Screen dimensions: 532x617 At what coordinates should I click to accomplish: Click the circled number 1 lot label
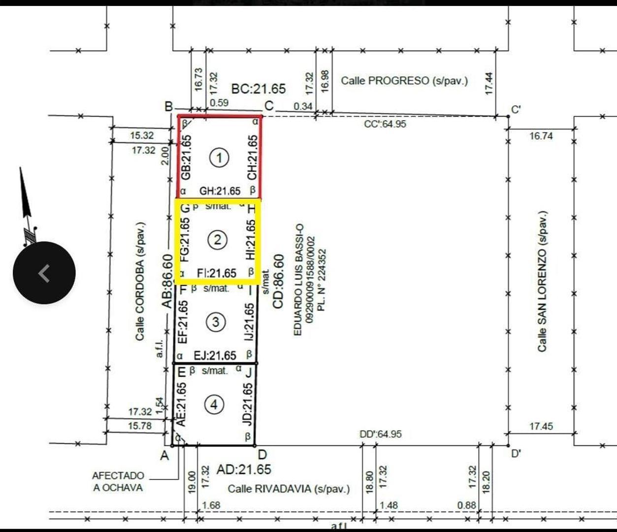tap(219, 158)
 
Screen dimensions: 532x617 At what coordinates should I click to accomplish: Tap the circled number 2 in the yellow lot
tap(217, 240)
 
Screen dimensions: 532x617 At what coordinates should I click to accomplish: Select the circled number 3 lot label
tap(215, 322)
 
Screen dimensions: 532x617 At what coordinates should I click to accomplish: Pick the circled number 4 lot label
tap(214, 404)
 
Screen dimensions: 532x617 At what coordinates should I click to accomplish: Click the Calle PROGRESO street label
tap(404, 80)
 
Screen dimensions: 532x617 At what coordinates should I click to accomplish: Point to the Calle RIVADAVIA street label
tap(289, 489)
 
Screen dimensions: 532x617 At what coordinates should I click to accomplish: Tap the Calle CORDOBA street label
tap(140, 281)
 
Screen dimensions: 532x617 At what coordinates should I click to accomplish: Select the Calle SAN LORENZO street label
tap(542, 281)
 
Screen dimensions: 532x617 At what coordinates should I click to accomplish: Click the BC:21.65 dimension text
tap(259, 89)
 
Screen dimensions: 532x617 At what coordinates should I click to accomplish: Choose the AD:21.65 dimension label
tap(244, 469)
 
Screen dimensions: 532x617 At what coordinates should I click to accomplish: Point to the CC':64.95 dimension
tap(385, 124)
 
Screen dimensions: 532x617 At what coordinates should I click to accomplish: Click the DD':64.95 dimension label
tap(380, 434)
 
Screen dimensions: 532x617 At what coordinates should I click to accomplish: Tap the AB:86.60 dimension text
tap(168, 281)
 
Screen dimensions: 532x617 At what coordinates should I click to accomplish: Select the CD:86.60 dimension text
tap(278, 281)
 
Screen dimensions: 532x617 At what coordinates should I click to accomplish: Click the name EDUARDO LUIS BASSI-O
tap(298, 280)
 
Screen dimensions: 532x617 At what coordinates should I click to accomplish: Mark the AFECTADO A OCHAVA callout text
tap(118, 482)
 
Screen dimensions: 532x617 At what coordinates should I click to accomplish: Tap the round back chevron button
tap(44, 272)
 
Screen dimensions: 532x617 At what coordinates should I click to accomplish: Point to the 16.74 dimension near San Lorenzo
tap(541, 136)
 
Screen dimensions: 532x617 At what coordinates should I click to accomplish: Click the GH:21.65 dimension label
tap(220, 191)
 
